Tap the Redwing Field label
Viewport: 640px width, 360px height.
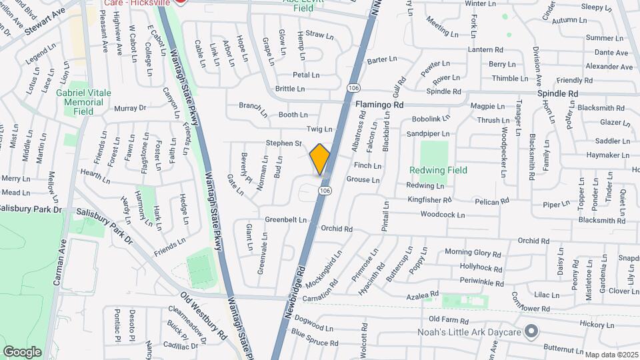[438, 171]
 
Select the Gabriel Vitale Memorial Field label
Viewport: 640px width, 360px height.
[83, 103]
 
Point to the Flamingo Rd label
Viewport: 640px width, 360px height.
[379, 105]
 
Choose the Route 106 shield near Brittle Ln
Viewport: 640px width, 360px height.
[353, 87]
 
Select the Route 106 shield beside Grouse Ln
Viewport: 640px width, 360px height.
[325, 191]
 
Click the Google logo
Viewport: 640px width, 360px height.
[22, 351]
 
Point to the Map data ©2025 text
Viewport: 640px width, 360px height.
[611, 355]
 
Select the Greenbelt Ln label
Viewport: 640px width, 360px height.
[285, 219]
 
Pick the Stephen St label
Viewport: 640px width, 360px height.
[284, 143]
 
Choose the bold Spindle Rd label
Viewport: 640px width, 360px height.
[557, 93]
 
